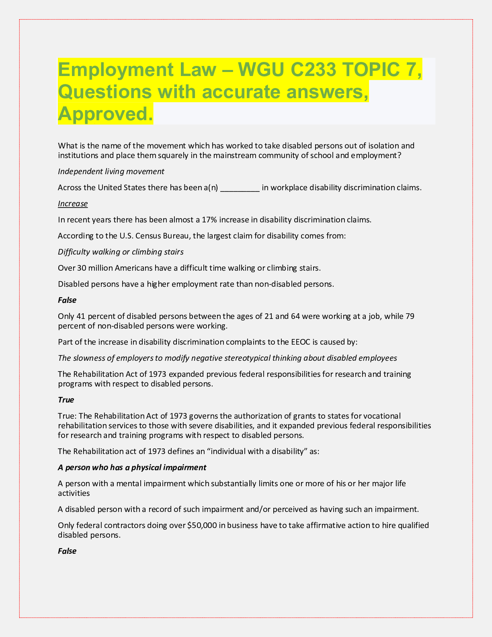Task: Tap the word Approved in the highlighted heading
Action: coord(105,114)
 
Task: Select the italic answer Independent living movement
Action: coord(111,171)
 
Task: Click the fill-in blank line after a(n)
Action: coord(240,188)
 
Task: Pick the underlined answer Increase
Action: coord(73,203)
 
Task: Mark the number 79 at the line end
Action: coord(410,316)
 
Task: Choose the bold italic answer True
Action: coord(66,400)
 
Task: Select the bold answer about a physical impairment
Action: coord(132,467)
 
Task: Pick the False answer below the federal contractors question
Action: coord(67,551)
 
